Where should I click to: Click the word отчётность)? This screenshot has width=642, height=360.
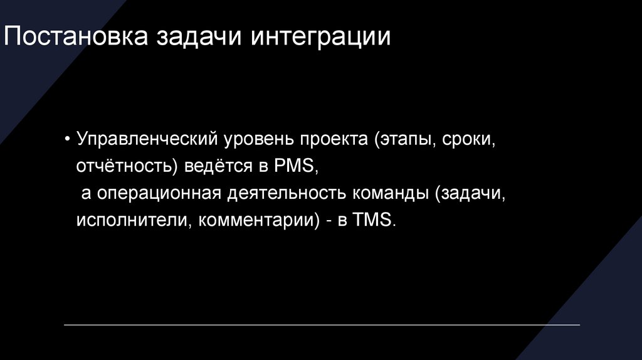(125, 167)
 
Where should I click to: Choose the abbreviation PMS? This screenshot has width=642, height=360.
(297, 167)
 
